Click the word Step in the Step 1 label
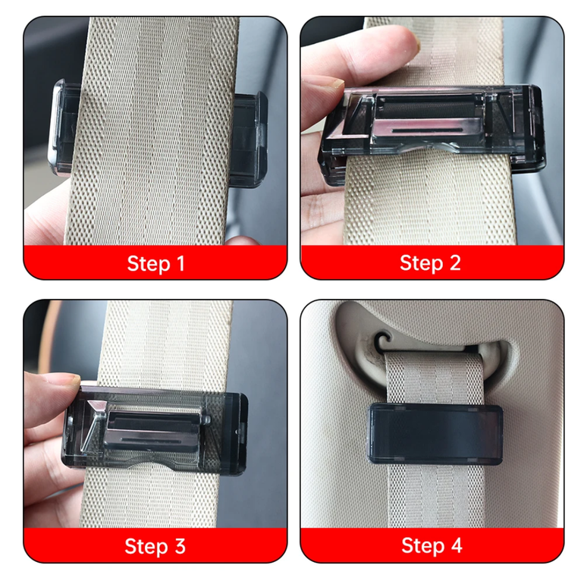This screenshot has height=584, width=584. [x=149, y=264]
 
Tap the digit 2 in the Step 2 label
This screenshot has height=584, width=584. [x=455, y=263]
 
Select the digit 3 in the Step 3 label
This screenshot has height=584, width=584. [x=181, y=546]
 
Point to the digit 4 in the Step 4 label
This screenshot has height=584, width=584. [x=457, y=545]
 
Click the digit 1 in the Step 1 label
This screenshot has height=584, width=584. [x=181, y=264]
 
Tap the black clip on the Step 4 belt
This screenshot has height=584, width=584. [x=435, y=434]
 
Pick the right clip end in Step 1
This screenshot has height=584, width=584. [x=249, y=140]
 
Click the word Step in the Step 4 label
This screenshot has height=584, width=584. [x=423, y=546]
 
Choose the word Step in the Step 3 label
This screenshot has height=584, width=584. [x=146, y=547]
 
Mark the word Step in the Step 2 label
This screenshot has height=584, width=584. [x=422, y=264]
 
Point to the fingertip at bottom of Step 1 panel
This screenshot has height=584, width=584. [x=242, y=240]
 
